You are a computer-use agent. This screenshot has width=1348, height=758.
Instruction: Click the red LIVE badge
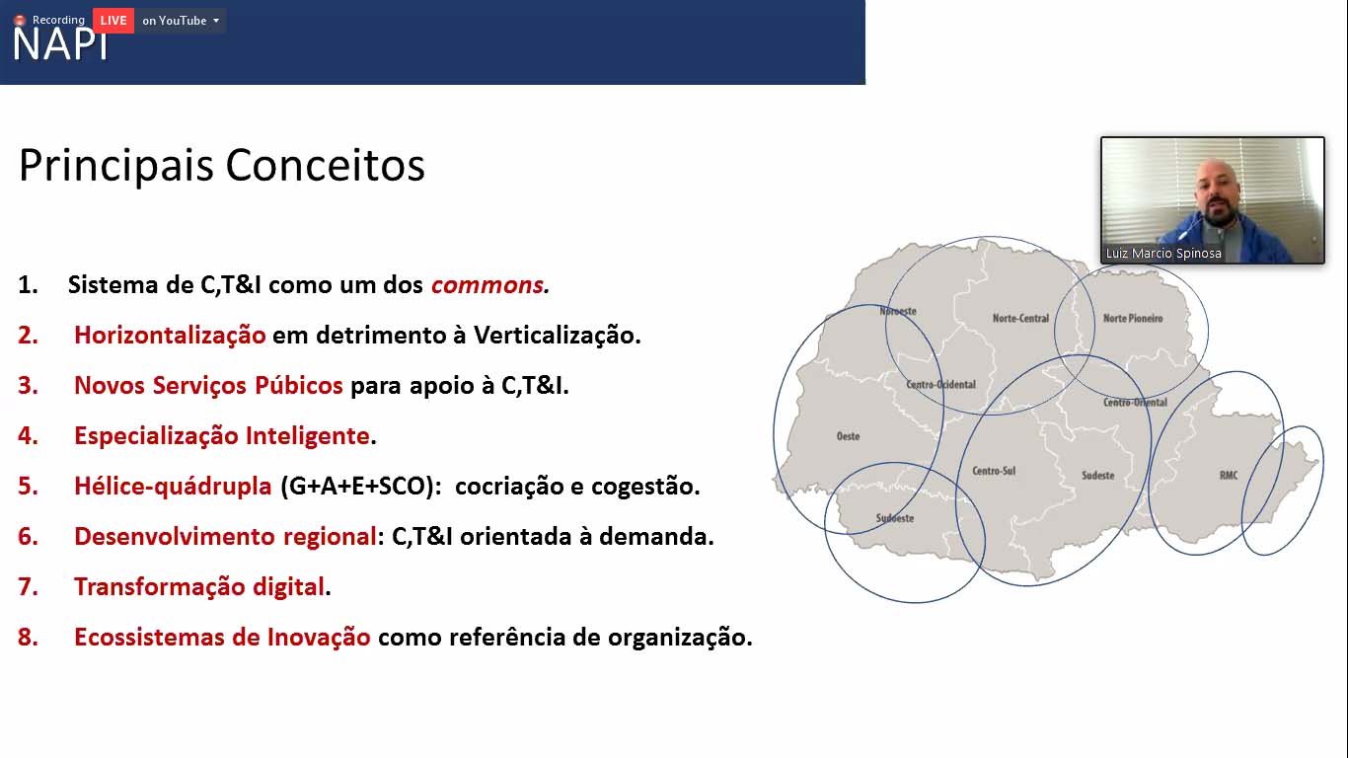click(x=113, y=21)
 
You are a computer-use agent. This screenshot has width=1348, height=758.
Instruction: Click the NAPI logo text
click(x=60, y=44)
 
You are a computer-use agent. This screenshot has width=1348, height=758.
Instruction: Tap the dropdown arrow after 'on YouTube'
click(x=216, y=21)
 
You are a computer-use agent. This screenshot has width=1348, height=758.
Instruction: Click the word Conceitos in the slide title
click(x=325, y=165)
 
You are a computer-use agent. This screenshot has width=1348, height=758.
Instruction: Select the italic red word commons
click(x=487, y=285)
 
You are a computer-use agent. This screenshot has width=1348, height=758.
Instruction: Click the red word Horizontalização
click(x=170, y=336)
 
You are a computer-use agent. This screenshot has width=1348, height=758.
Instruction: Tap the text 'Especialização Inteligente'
click(x=221, y=435)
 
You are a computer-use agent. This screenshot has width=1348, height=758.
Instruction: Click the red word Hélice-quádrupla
click(x=173, y=486)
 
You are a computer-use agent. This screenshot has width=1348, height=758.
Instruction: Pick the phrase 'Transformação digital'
click(x=199, y=586)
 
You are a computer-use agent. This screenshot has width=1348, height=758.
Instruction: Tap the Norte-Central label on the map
click(x=1020, y=318)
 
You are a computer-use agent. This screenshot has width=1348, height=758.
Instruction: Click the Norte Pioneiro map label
click(x=1133, y=318)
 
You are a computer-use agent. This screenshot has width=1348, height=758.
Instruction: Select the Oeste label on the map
click(x=848, y=436)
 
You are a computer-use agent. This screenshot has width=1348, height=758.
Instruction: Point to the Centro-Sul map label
click(x=994, y=471)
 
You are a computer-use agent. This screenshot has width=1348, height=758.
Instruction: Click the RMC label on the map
click(x=1229, y=475)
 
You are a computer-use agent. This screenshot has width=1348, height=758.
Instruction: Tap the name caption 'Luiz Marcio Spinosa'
click(x=1163, y=254)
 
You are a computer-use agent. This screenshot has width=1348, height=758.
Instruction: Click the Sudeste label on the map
click(x=1097, y=475)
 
